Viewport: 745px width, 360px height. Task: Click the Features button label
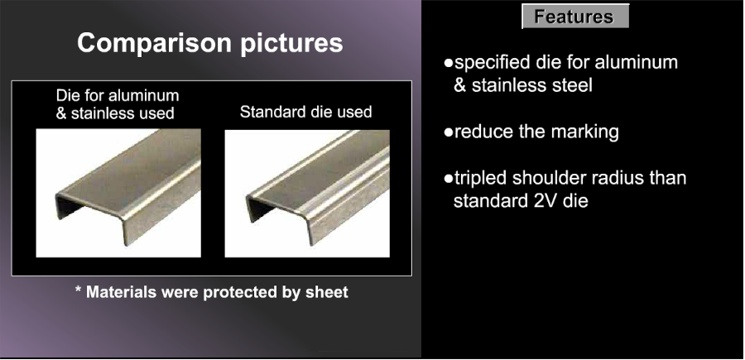coord(574,17)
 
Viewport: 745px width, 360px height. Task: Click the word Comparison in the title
coord(154,42)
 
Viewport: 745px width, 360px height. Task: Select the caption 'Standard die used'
coord(306,112)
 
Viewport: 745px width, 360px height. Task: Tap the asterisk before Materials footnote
coord(79,289)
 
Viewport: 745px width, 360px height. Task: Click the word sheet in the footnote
coord(327,291)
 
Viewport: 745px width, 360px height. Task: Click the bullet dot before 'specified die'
coord(448,63)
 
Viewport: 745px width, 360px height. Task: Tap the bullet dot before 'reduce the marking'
coord(448,132)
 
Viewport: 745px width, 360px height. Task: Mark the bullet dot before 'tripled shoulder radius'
coord(448,179)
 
